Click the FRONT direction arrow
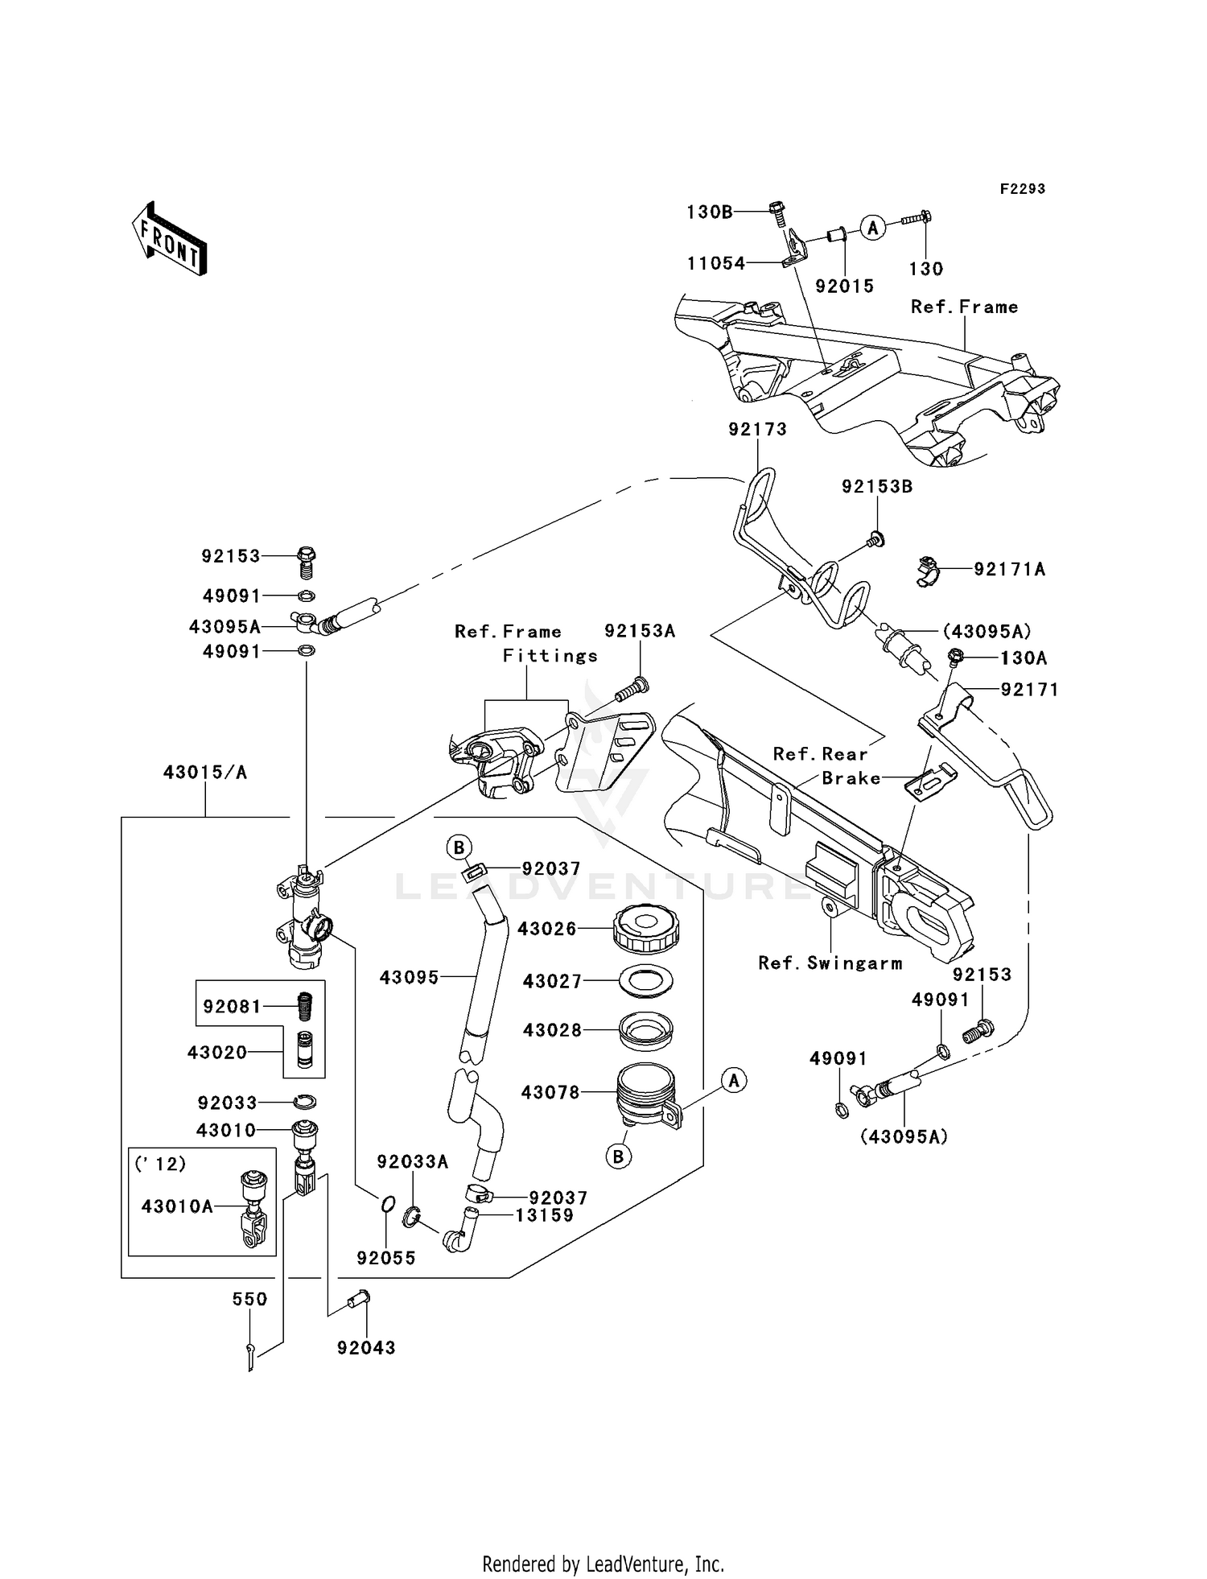click(x=170, y=239)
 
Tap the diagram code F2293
click(x=1022, y=189)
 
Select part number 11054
click(x=715, y=263)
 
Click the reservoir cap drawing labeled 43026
click(x=646, y=929)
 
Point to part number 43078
click(x=550, y=1092)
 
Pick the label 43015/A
click(x=205, y=773)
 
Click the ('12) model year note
click(x=161, y=1164)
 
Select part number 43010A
click(x=177, y=1206)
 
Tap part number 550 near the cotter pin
click(x=249, y=1299)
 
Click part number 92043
click(x=366, y=1347)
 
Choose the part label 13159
click(x=545, y=1215)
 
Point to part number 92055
click(x=386, y=1258)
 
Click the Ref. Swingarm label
click(x=830, y=963)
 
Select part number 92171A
click(x=1009, y=569)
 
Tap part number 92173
click(x=757, y=429)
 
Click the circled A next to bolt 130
click(x=872, y=228)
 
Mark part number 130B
click(x=709, y=212)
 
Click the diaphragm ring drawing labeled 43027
click(x=646, y=981)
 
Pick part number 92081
click(x=232, y=1006)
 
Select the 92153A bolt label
click(x=640, y=631)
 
